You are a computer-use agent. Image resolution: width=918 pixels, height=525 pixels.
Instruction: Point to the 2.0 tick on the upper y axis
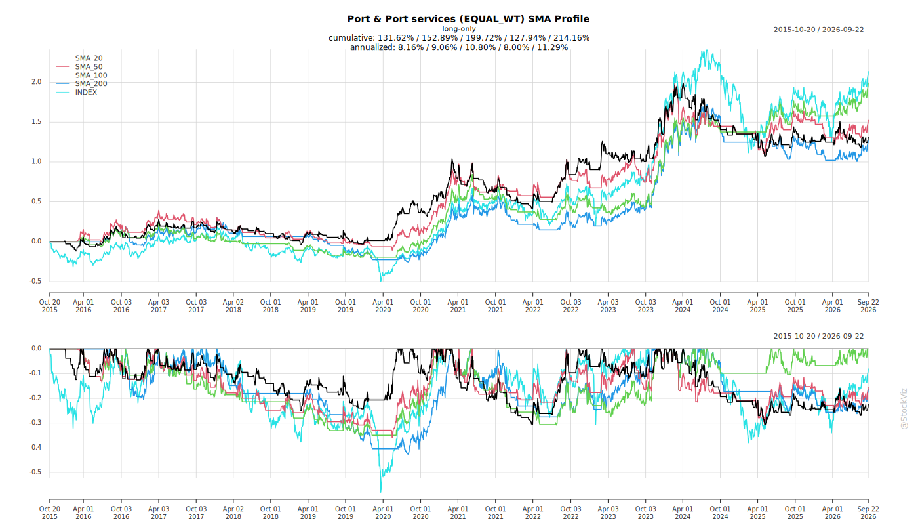point(37,82)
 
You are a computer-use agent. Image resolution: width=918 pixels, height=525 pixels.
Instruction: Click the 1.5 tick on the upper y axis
point(37,122)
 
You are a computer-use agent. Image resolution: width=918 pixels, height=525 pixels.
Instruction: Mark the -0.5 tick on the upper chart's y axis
point(35,281)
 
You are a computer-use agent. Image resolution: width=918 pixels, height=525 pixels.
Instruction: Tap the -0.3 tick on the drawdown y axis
point(35,423)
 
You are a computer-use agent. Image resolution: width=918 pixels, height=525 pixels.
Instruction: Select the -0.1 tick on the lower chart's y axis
point(35,373)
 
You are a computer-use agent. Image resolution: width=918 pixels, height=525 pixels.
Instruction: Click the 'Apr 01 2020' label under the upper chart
point(383,306)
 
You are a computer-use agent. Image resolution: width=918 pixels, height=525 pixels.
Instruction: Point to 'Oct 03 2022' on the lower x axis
point(570,513)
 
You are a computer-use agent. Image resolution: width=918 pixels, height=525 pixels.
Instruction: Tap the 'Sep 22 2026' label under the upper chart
point(868,306)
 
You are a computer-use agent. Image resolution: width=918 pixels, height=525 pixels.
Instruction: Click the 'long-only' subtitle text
point(459,29)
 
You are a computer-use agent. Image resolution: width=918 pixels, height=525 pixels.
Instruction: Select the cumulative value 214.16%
point(571,38)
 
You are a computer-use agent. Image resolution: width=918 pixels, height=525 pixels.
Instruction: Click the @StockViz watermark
point(904,408)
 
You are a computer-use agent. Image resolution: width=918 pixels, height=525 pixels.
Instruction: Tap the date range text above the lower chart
point(818,336)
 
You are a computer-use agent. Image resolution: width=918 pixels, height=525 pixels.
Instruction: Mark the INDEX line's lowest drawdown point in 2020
point(381,492)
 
